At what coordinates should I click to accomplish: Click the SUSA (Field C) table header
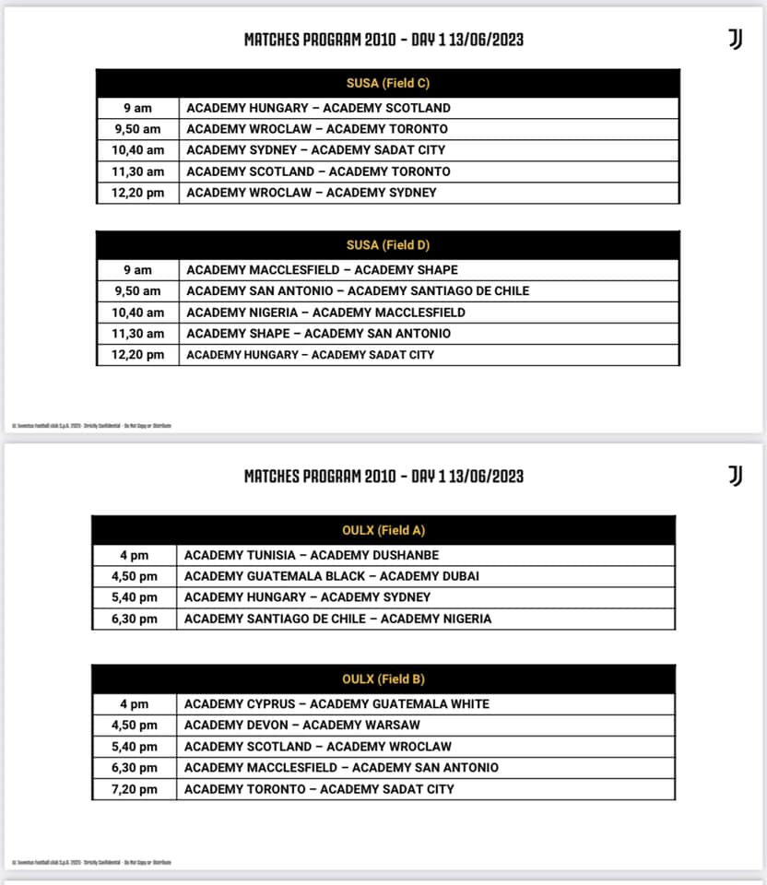pos(387,84)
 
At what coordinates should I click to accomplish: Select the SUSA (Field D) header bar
pos(387,245)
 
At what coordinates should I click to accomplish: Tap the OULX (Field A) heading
pos(383,530)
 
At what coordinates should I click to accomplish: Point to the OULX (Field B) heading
pos(383,679)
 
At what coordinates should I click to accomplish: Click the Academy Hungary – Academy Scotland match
pos(318,108)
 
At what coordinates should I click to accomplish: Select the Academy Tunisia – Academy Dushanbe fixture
pos(312,555)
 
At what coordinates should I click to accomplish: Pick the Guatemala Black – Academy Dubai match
pos(331,576)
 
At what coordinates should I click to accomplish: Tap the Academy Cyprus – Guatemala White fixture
pos(336,704)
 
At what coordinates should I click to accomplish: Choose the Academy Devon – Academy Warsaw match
pos(301,726)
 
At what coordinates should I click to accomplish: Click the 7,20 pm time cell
pos(135,789)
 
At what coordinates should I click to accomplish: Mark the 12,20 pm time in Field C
pos(139,193)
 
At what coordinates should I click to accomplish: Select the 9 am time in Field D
pos(137,270)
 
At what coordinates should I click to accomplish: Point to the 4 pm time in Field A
pos(135,555)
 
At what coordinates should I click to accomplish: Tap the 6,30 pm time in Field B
pos(135,768)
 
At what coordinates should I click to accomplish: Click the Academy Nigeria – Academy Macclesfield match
pos(325,313)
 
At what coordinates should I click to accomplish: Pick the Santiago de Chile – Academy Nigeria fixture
pos(337,619)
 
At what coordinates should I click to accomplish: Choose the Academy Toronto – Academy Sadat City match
pos(319,789)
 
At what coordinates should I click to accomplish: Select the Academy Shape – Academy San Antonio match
pos(318,334)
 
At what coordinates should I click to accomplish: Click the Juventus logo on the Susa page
pos(735,39)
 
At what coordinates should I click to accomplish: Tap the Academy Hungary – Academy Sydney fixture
pos(307,597)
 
